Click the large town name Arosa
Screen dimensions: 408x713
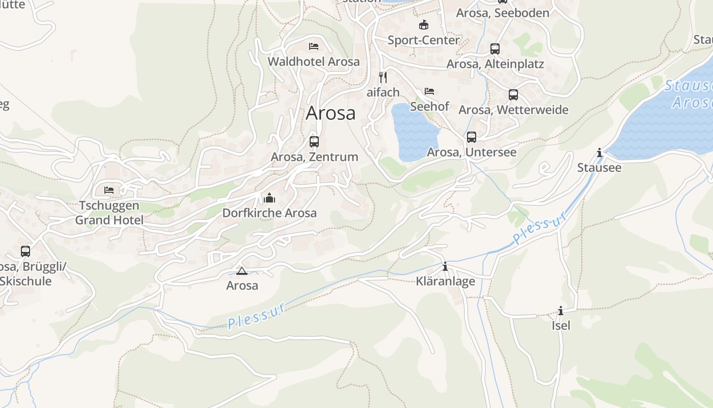coord(331,113)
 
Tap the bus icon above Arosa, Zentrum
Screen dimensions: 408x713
coord(314,142)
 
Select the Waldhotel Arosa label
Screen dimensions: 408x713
coord(314,62)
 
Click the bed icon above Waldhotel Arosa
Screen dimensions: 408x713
coord(314,46)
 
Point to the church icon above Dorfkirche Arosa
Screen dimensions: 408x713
coord(269,198)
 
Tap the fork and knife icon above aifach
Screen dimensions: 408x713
coord(383,78)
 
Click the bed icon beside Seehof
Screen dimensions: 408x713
coord(429,91)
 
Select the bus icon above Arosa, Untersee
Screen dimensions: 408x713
coord(472,137)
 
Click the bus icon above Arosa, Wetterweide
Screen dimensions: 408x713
coord(513,95)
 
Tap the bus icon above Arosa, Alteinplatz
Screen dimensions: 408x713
coord(495,49)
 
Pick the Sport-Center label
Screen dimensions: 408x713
coord(423,40)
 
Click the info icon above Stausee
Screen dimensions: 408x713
coord(599,152)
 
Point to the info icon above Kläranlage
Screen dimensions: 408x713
coord(445,266)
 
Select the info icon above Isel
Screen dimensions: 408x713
coord(561,311)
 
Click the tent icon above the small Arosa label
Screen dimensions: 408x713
coord(242,271)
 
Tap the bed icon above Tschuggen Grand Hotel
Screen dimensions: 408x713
coord(109,190)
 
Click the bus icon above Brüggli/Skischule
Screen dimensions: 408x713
coord(25,251)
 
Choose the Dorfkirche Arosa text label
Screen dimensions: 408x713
coord(269,213)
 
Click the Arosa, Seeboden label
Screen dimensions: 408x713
coord(503,13)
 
